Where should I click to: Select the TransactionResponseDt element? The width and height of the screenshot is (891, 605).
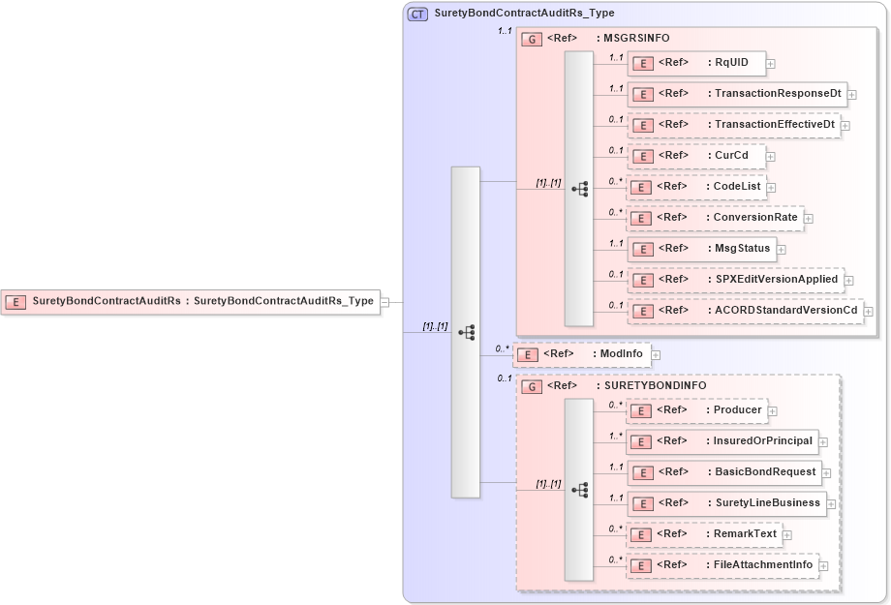pyautogui.click(x=737, y=94)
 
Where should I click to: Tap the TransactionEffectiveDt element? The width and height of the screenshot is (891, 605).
pyautogui.click(x=732, y=125)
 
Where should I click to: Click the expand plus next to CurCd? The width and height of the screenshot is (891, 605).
pyautogui.click(x=770, y=156)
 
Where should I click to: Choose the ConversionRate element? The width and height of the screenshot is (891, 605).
pyautogui.click(x=714, y=218)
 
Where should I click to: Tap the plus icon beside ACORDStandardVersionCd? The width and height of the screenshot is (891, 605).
pyautogui.click(x=869, y=311)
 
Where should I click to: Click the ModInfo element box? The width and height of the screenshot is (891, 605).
pyautogui.click(x=580, y=354)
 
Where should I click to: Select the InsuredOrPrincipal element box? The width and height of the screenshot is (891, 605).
pyautogui.click(x=722, y=441)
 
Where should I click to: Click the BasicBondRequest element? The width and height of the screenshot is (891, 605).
pyautogui.click(x=724, y=472)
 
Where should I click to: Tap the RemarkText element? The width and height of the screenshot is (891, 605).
pyautogui.click(x=703, y=533)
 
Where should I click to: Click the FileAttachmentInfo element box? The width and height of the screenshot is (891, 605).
pyautogui.click(x=722, y=564)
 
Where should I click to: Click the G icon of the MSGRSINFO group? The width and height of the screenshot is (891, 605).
pyautogui.click(x=531, y=39)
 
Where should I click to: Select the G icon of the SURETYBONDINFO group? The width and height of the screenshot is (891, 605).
pyautogui.click(x=531, y=385)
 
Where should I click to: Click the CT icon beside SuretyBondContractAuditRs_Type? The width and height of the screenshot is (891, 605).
pyautogui.click(x=417, y=14)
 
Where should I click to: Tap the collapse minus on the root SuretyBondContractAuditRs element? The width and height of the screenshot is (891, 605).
pyautogui.click(x=384, y=302)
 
